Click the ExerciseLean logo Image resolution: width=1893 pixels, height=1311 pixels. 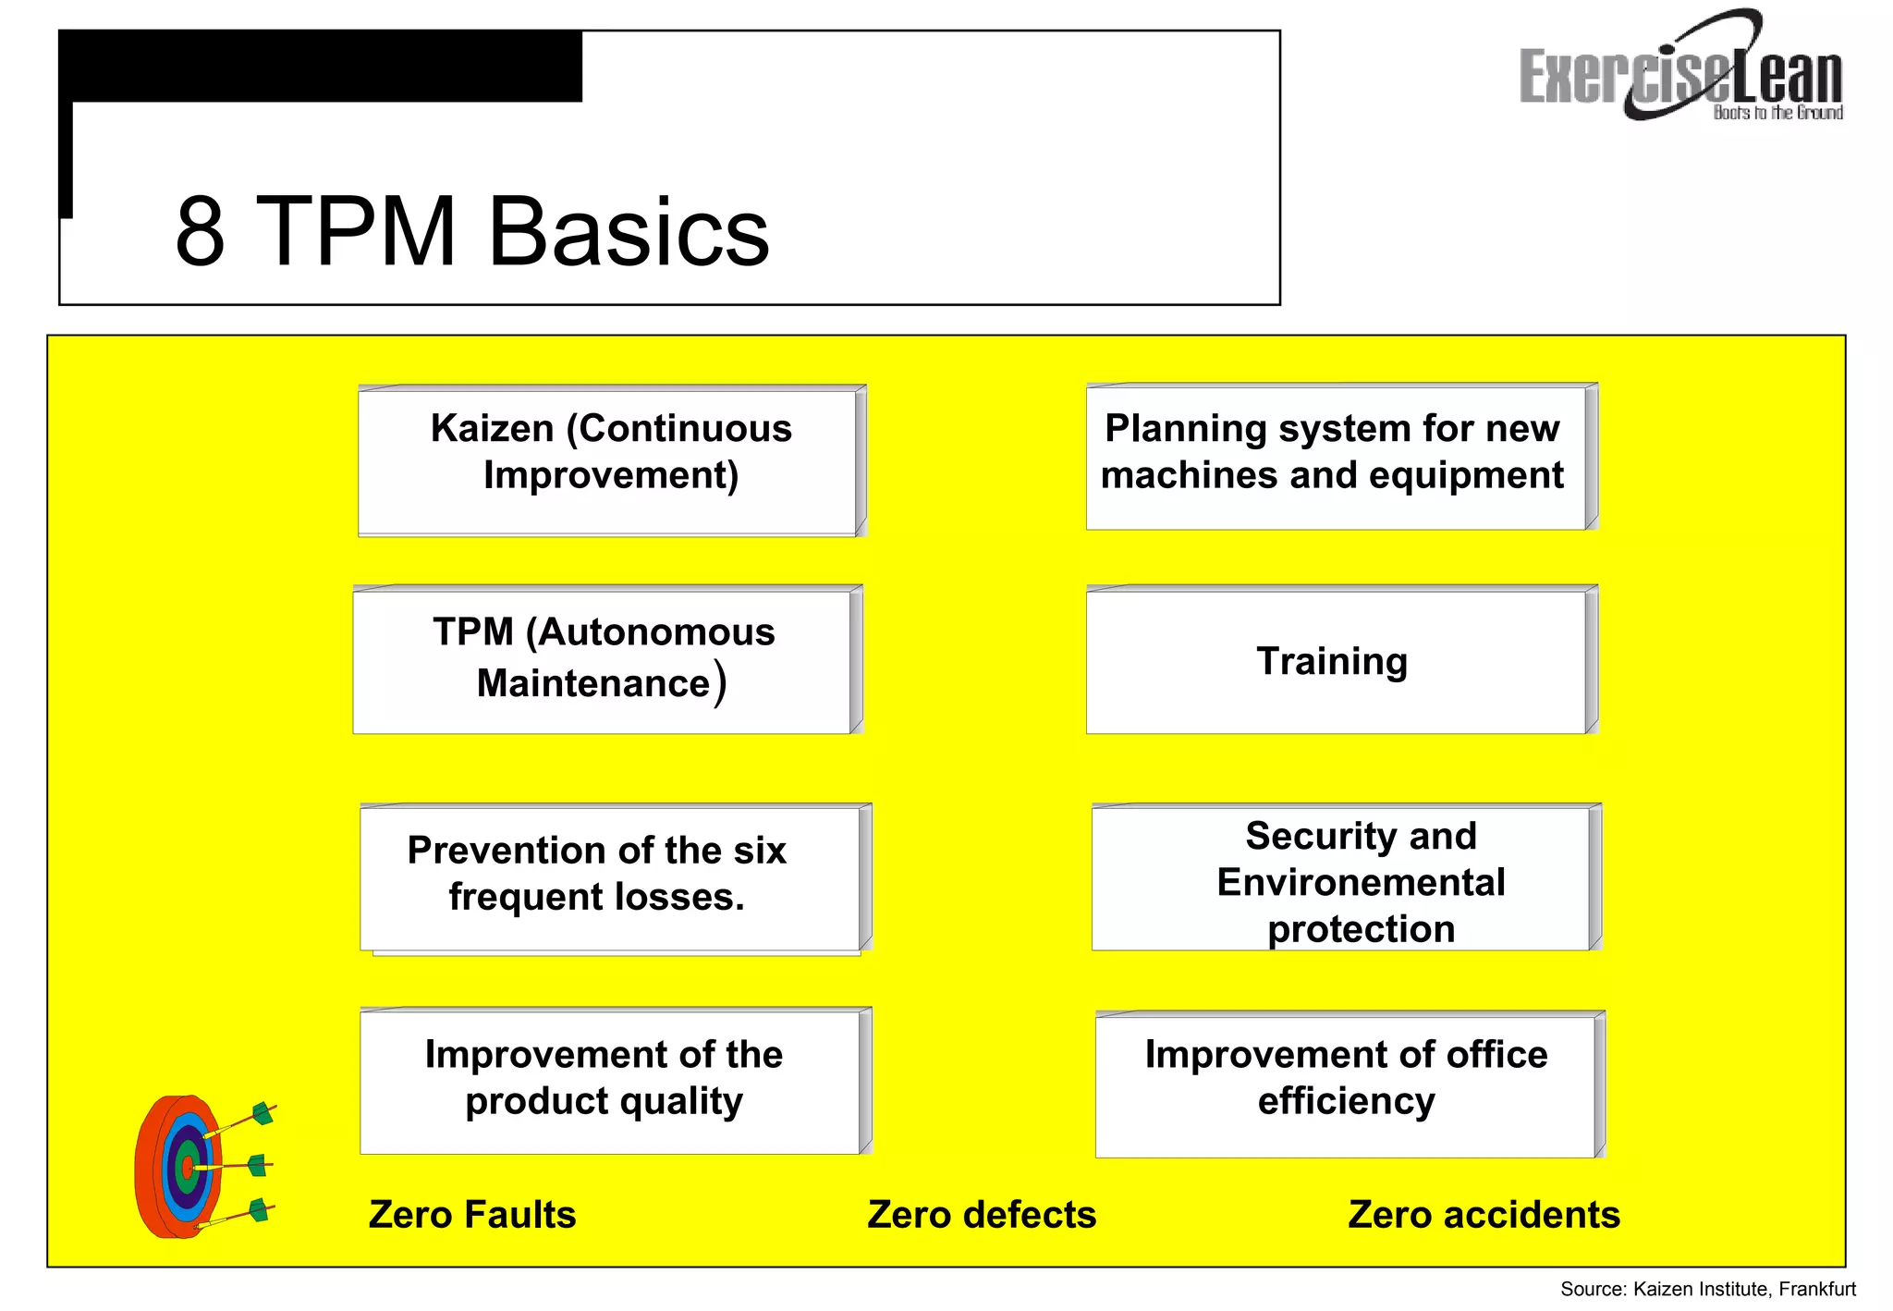click(1680, 70)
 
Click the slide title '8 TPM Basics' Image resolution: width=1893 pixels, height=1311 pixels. click(471, 231)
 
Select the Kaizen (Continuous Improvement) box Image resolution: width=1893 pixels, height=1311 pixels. click(610, 460)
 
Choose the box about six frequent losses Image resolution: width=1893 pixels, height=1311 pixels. click(610, 876)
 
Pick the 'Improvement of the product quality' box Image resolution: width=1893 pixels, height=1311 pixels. click(610, 1080)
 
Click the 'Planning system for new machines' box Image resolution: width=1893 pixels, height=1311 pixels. click(1337, 457)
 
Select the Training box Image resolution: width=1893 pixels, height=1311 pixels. click(1337, 661)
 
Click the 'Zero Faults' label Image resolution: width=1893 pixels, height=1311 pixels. click(472, 1215)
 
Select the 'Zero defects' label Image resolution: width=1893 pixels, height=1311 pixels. click(982, 1215)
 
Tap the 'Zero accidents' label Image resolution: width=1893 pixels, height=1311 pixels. click(1484, 1215)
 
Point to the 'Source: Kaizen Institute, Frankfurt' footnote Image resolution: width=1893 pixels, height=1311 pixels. click(1708, 1289)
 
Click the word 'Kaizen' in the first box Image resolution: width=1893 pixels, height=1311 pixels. click(493, 429)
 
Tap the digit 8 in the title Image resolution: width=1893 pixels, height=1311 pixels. click(200, 231)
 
